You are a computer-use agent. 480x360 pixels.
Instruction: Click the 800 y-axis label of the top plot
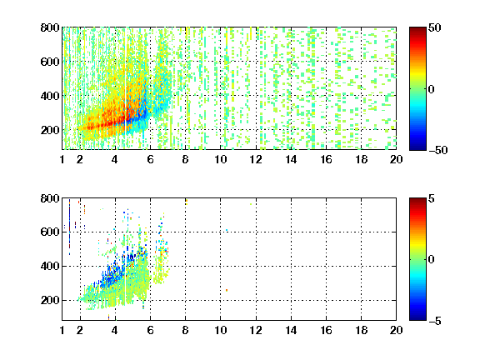pyautogui.click(x=50, y=27)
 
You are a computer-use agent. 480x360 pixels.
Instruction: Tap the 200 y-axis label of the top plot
pyautogui.click(x=50, y=130)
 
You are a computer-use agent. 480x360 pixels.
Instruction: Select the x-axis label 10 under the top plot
pyautogui.click(x=220, y=159)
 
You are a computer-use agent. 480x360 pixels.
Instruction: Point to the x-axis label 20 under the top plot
pyautogui.click(x=396, y=159)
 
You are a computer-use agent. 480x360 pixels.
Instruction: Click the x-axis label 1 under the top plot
pyautogui.click(x=62, y=159)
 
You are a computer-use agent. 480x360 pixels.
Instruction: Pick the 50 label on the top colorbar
pyautogui.click(x=435, y=27)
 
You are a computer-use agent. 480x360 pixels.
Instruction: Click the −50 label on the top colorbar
pyautogui.click(x=437, y=150)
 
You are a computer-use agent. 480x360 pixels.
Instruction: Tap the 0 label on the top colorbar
pyautogui.click(x=432, y=89)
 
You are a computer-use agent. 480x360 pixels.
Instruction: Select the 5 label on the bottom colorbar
pyautogui.click(x=432, y=198)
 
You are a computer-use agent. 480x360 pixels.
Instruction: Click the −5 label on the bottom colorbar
pyautogui.click(x=435, y=321)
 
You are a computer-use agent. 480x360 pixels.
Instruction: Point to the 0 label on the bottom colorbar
pyautogui.click(x=432, y=260)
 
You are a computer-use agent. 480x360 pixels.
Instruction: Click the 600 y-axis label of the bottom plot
pyautogui.click(x=50, y=232)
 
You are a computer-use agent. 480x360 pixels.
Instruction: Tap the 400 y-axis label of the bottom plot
pyautogui.click(x=50, y=266)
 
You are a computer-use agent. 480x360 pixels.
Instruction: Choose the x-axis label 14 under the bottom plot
pyautogui.click(x=291, y=330)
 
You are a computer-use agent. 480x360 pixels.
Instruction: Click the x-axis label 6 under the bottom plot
pyautogui.click(x=150, y=330)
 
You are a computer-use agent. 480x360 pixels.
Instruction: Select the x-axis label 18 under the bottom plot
pyautogui.click(x=361, y=330)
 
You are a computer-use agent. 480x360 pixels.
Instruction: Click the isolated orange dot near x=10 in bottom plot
pyautogui.click(x=227, y=290)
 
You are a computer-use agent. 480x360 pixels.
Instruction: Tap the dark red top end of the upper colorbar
pyautogui.click(x=417, y=28)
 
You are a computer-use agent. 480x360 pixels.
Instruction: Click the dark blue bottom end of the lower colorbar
pyautogui.click(x=417, y=318)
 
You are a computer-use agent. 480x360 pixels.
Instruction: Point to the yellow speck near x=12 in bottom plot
pyautogui.click(x=251, y=204)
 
